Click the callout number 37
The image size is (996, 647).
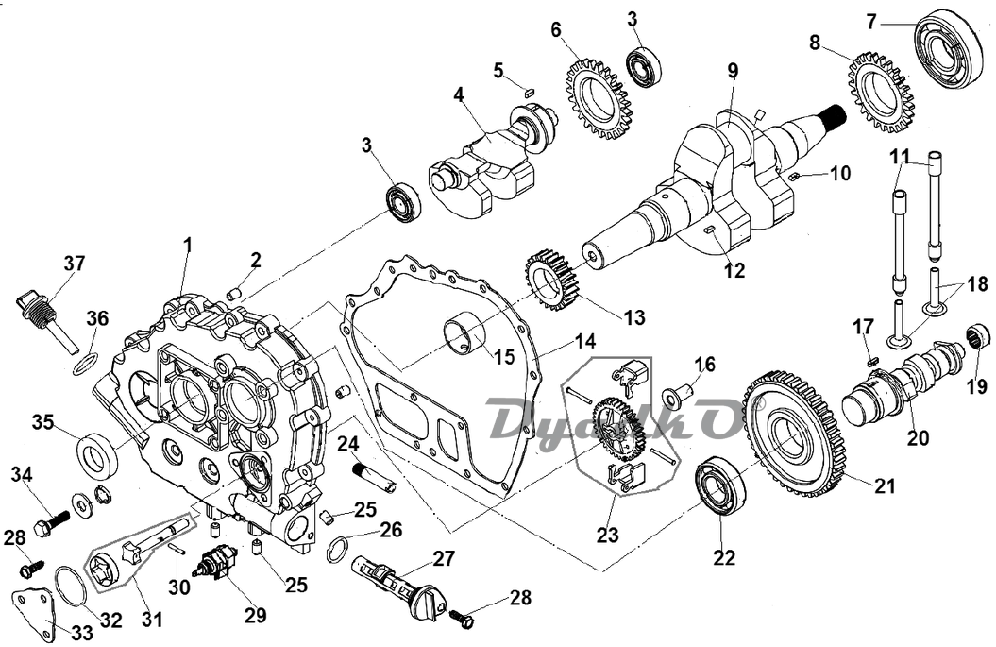[x=74, y=263]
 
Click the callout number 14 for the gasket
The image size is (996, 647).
[x=585, y=341]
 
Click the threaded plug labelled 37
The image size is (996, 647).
[x=46, y=321]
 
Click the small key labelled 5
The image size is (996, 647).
[x=528, y=92]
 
